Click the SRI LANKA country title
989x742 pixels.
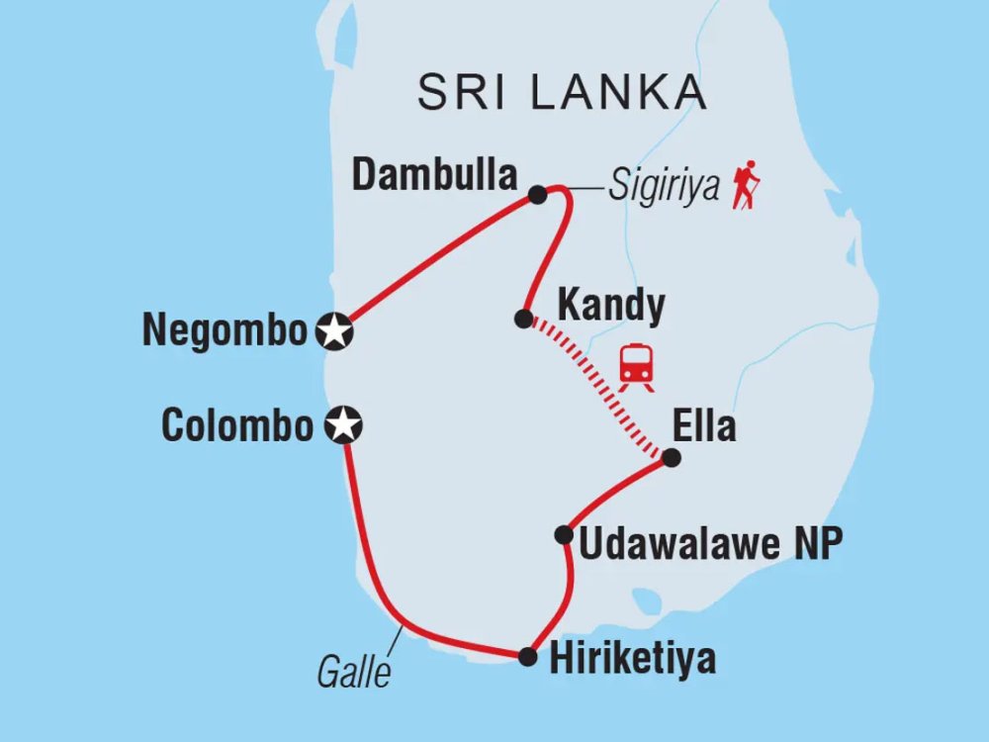pyautogui.click(x=562, y=93)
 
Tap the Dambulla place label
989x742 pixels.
pyautogui.click(x=435, y=176)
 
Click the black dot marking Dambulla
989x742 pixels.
pyautogui.click(x=537, y=195)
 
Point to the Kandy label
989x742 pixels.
pyautogui.click(x=610, y=307)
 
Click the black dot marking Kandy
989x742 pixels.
pyautogui.click(x=523, y=319)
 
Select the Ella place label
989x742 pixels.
pyautogui.click(x=704, y=426)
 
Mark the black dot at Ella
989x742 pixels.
pyautogui.click(x=671, y=458)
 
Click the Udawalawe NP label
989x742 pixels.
pyautogui.click(x=710, y=544)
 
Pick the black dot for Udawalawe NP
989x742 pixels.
pyautogui.click(x=564, y=535)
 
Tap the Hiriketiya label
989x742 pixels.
pyautogui.click(x=630, y=659)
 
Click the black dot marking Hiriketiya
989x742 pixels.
pyautogui.click(x=528, y=656)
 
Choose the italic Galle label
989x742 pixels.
pyautogui.click(x=353, y=673)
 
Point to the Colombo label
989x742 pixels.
pyautogui.click(x=237, y=426)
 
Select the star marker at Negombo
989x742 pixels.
pyautogui.click(x=334, y=331)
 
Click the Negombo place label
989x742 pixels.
pyautogui.click(x=225, y=331)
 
